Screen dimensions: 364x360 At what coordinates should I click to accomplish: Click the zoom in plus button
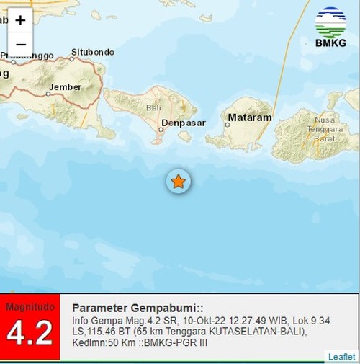pos(20,21)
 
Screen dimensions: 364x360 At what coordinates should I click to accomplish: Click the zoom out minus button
pos(20,44)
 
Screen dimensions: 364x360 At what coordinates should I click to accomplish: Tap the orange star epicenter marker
pos(178,182)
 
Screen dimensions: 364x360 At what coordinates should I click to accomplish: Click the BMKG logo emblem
pos(330,22)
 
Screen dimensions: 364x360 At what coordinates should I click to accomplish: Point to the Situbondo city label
pos(92,52)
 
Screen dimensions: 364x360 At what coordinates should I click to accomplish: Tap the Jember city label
pos(60,88)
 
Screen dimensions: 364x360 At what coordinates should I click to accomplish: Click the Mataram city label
pos(249,117)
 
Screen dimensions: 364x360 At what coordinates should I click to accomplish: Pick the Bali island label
pos(153,107)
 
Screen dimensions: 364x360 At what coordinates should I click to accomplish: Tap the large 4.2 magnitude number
pos(30,333)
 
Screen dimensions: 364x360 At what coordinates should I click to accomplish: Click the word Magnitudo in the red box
pos(30,307)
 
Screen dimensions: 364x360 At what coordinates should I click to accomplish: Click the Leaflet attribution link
pos(341,357)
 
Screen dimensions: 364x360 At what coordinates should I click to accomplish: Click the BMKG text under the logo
pos(330,43)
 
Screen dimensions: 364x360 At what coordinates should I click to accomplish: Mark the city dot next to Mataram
pos(227,124)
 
